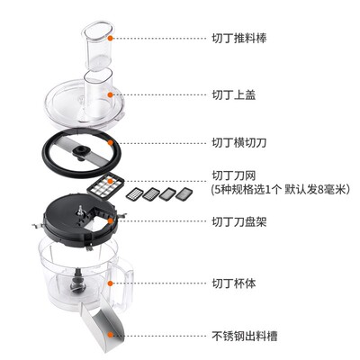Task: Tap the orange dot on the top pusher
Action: (108, 39)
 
